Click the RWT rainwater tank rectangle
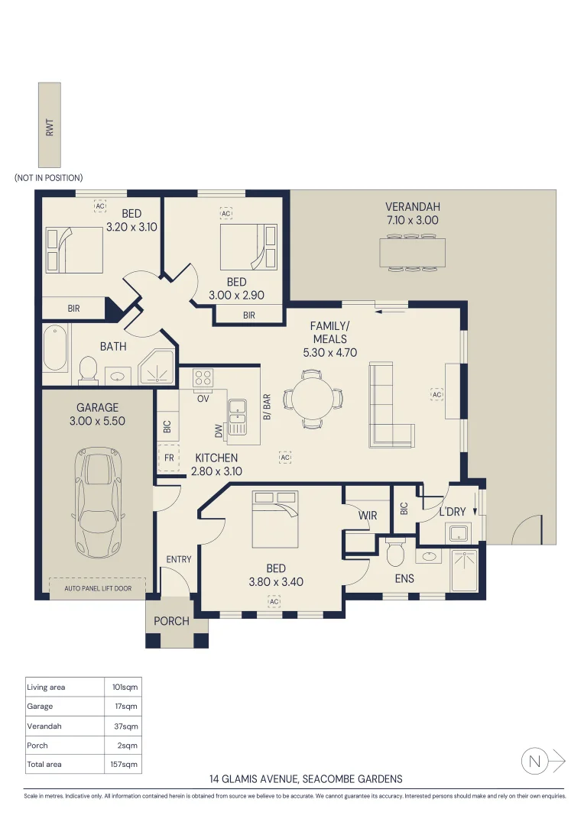click(50, 125)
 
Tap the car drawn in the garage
click(98, 503)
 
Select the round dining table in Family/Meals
click(313, 398)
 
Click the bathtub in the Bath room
click(55, 348)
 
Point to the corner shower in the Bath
click(157, 366)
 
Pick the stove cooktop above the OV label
click(203, 378)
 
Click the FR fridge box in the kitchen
click(168, 458)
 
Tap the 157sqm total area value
click(125, 764)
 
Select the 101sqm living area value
click(125, 687)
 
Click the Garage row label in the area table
click(40, 707)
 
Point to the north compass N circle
click(534, 762)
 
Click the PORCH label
click(171, 621)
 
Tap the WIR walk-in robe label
click(368, 516)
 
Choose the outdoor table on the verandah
click(412, 253)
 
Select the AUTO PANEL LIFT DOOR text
click(98, 589)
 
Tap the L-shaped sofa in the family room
click(391, 405)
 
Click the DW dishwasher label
click(219, 432)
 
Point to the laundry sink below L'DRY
click(458, 533)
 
